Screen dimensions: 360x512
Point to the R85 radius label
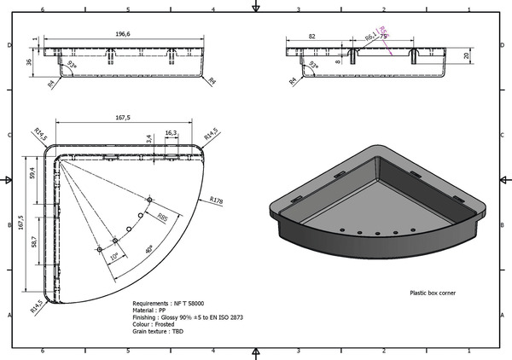point(162,218)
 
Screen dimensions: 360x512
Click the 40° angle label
point(148,249)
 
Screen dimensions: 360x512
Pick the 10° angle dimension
point(114,256)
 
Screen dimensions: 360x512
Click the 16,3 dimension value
point(170,132)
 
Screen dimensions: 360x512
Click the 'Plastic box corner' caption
point(433,293)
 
